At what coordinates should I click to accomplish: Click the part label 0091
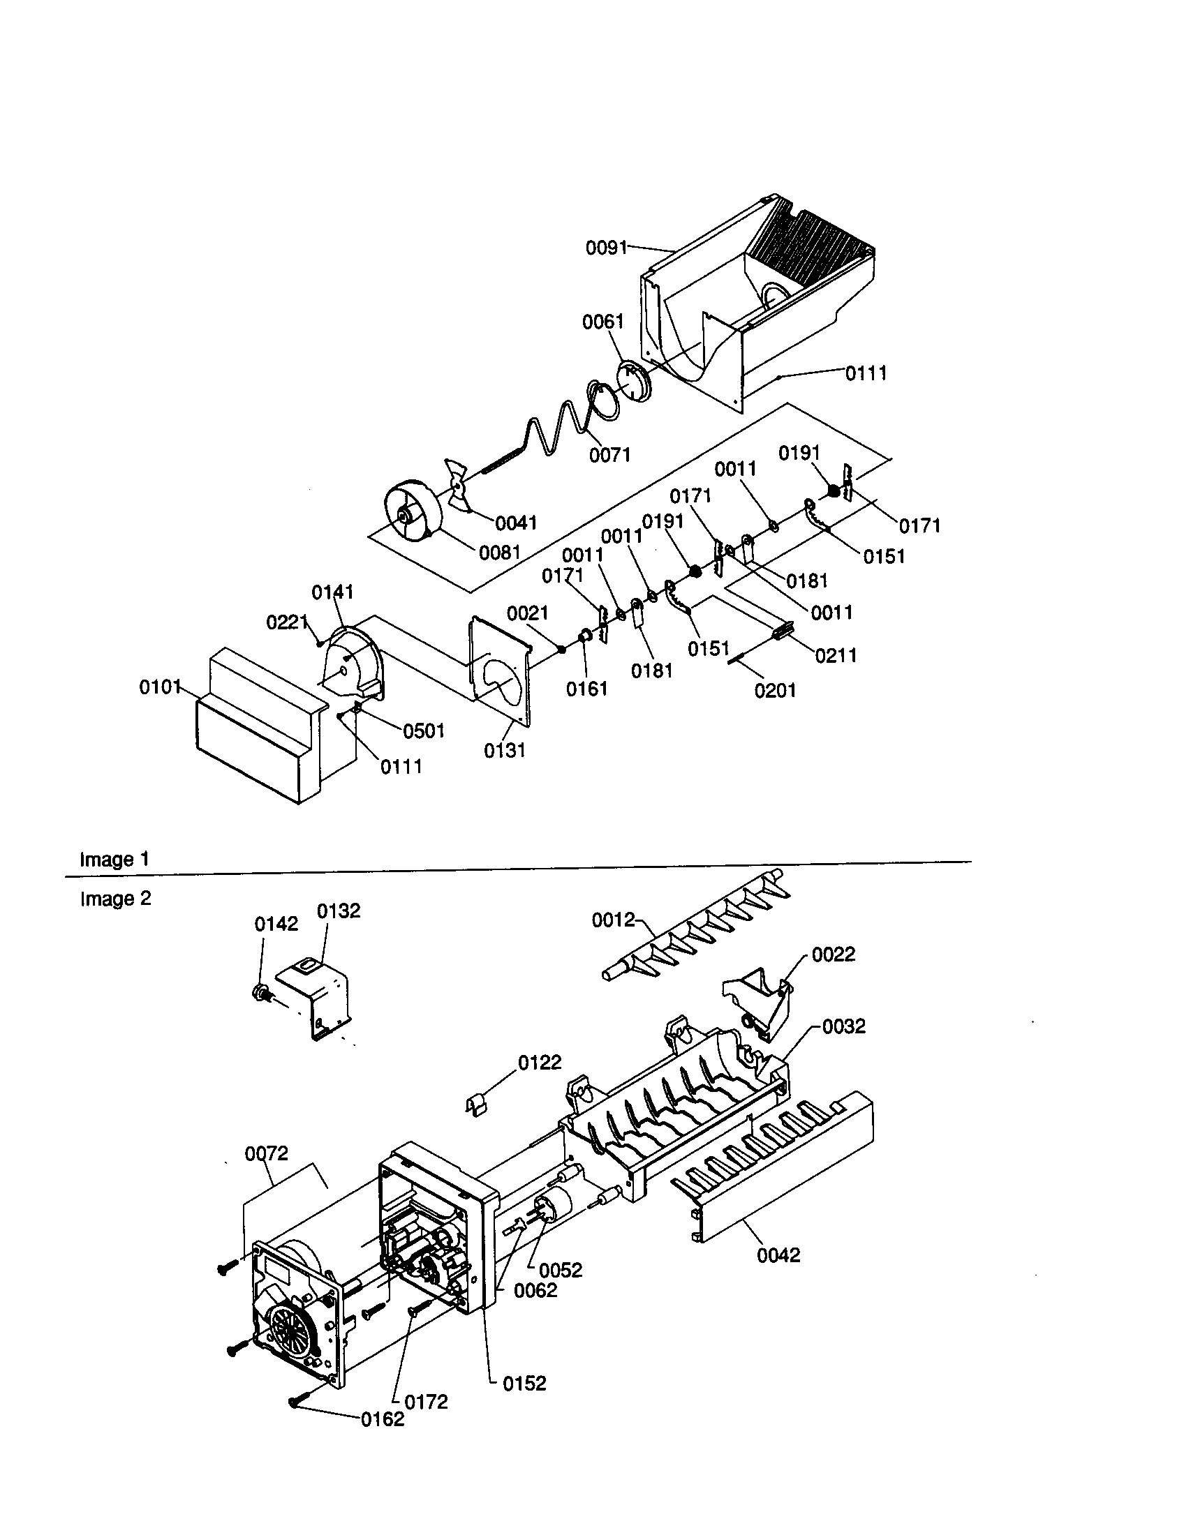[606, 248]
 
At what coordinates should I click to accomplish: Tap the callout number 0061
[602, 322]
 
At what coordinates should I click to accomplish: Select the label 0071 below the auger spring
[609, 455]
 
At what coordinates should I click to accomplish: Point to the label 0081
[499, 553]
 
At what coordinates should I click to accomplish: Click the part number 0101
[161, 687]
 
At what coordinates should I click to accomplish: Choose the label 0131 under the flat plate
[504, 751]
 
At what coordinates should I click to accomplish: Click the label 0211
[836, 655]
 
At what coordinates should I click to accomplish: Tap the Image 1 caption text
[114, 859]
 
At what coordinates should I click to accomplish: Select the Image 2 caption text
[115, 898]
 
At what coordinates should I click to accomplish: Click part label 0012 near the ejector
[613, 920]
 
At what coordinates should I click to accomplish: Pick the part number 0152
[524, 1383]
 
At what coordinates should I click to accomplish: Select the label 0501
[423, 731]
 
